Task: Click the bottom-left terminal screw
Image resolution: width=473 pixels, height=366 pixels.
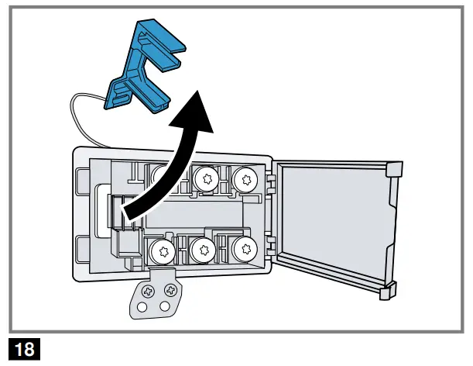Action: point(162,250)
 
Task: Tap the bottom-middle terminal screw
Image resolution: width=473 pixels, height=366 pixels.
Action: point(204,250)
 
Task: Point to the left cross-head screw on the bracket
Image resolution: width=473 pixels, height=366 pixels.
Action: point(147,290)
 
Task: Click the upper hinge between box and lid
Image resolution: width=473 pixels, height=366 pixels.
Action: point(272,182)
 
